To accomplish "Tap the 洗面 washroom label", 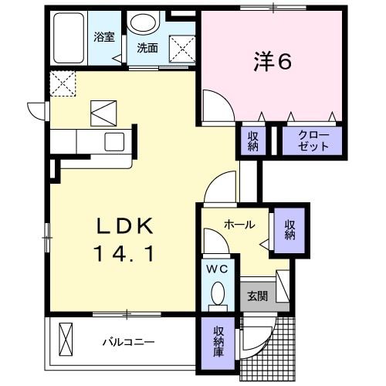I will pos(147,47).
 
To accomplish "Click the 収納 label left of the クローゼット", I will pos(252,141).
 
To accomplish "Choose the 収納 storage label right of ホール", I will pos(290,229).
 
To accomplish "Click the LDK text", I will pos(127,226).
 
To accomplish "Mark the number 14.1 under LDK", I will pos(127,252).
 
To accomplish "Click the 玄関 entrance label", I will pos(256,296).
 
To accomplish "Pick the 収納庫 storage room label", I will pos(218,341).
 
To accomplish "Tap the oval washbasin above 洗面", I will pos(143,24).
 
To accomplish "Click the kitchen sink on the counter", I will pos(113,141).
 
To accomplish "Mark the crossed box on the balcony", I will pos(67,340).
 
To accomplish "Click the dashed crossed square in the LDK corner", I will pos(62,81).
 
